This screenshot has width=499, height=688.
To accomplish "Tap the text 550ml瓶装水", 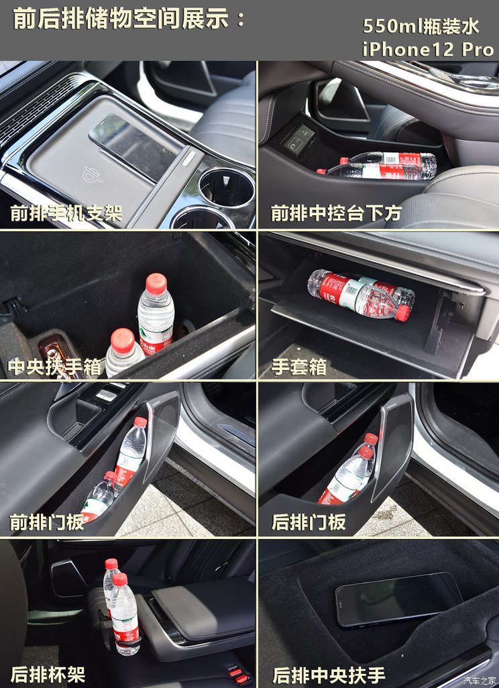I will [x=421, y=26].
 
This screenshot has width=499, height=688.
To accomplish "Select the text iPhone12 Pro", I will [x=428, y=49].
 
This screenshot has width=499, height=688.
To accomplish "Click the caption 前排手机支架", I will [x=66, y=213].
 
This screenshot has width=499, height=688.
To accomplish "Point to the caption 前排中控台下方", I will [x=336, y=213].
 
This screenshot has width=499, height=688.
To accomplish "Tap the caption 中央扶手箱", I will [x=55, y=367].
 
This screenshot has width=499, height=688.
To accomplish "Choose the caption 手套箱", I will [x=299, y=367].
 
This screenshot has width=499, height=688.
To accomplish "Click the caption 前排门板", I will [x=47, y=522].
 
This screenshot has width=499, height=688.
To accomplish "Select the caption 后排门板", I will [x=309, y=522].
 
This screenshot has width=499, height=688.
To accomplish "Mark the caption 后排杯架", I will [x=48, y=674].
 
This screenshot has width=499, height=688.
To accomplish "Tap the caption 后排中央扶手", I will [x=329, y=674].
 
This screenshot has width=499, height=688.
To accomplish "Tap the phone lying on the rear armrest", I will [x=399, y=599].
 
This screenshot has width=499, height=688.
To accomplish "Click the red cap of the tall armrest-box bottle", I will [x=156, y=284].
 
